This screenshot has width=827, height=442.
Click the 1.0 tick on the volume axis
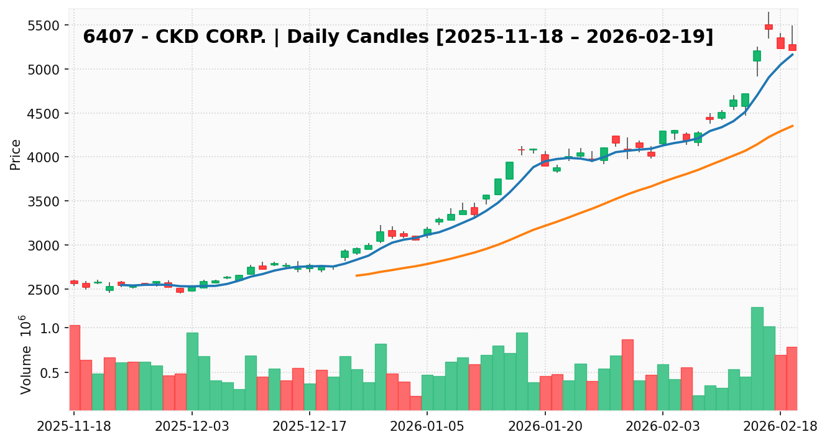[53, 328]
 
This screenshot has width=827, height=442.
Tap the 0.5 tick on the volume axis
[53, 373]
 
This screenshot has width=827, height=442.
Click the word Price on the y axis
[16, 154]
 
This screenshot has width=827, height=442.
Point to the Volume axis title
[25, 354]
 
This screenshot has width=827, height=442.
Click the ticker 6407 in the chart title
[99, 37]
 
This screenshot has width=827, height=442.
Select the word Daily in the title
[311, 37]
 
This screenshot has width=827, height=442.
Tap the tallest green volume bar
[757, 358]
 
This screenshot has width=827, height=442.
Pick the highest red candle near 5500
[769, 27]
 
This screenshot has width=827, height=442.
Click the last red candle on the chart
[792, 47]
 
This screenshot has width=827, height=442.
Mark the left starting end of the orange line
[356, 275]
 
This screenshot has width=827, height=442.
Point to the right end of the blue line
[792, 55]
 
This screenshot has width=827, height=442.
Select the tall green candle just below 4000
[509, 170]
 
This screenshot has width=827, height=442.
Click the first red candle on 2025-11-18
[74, 282]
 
